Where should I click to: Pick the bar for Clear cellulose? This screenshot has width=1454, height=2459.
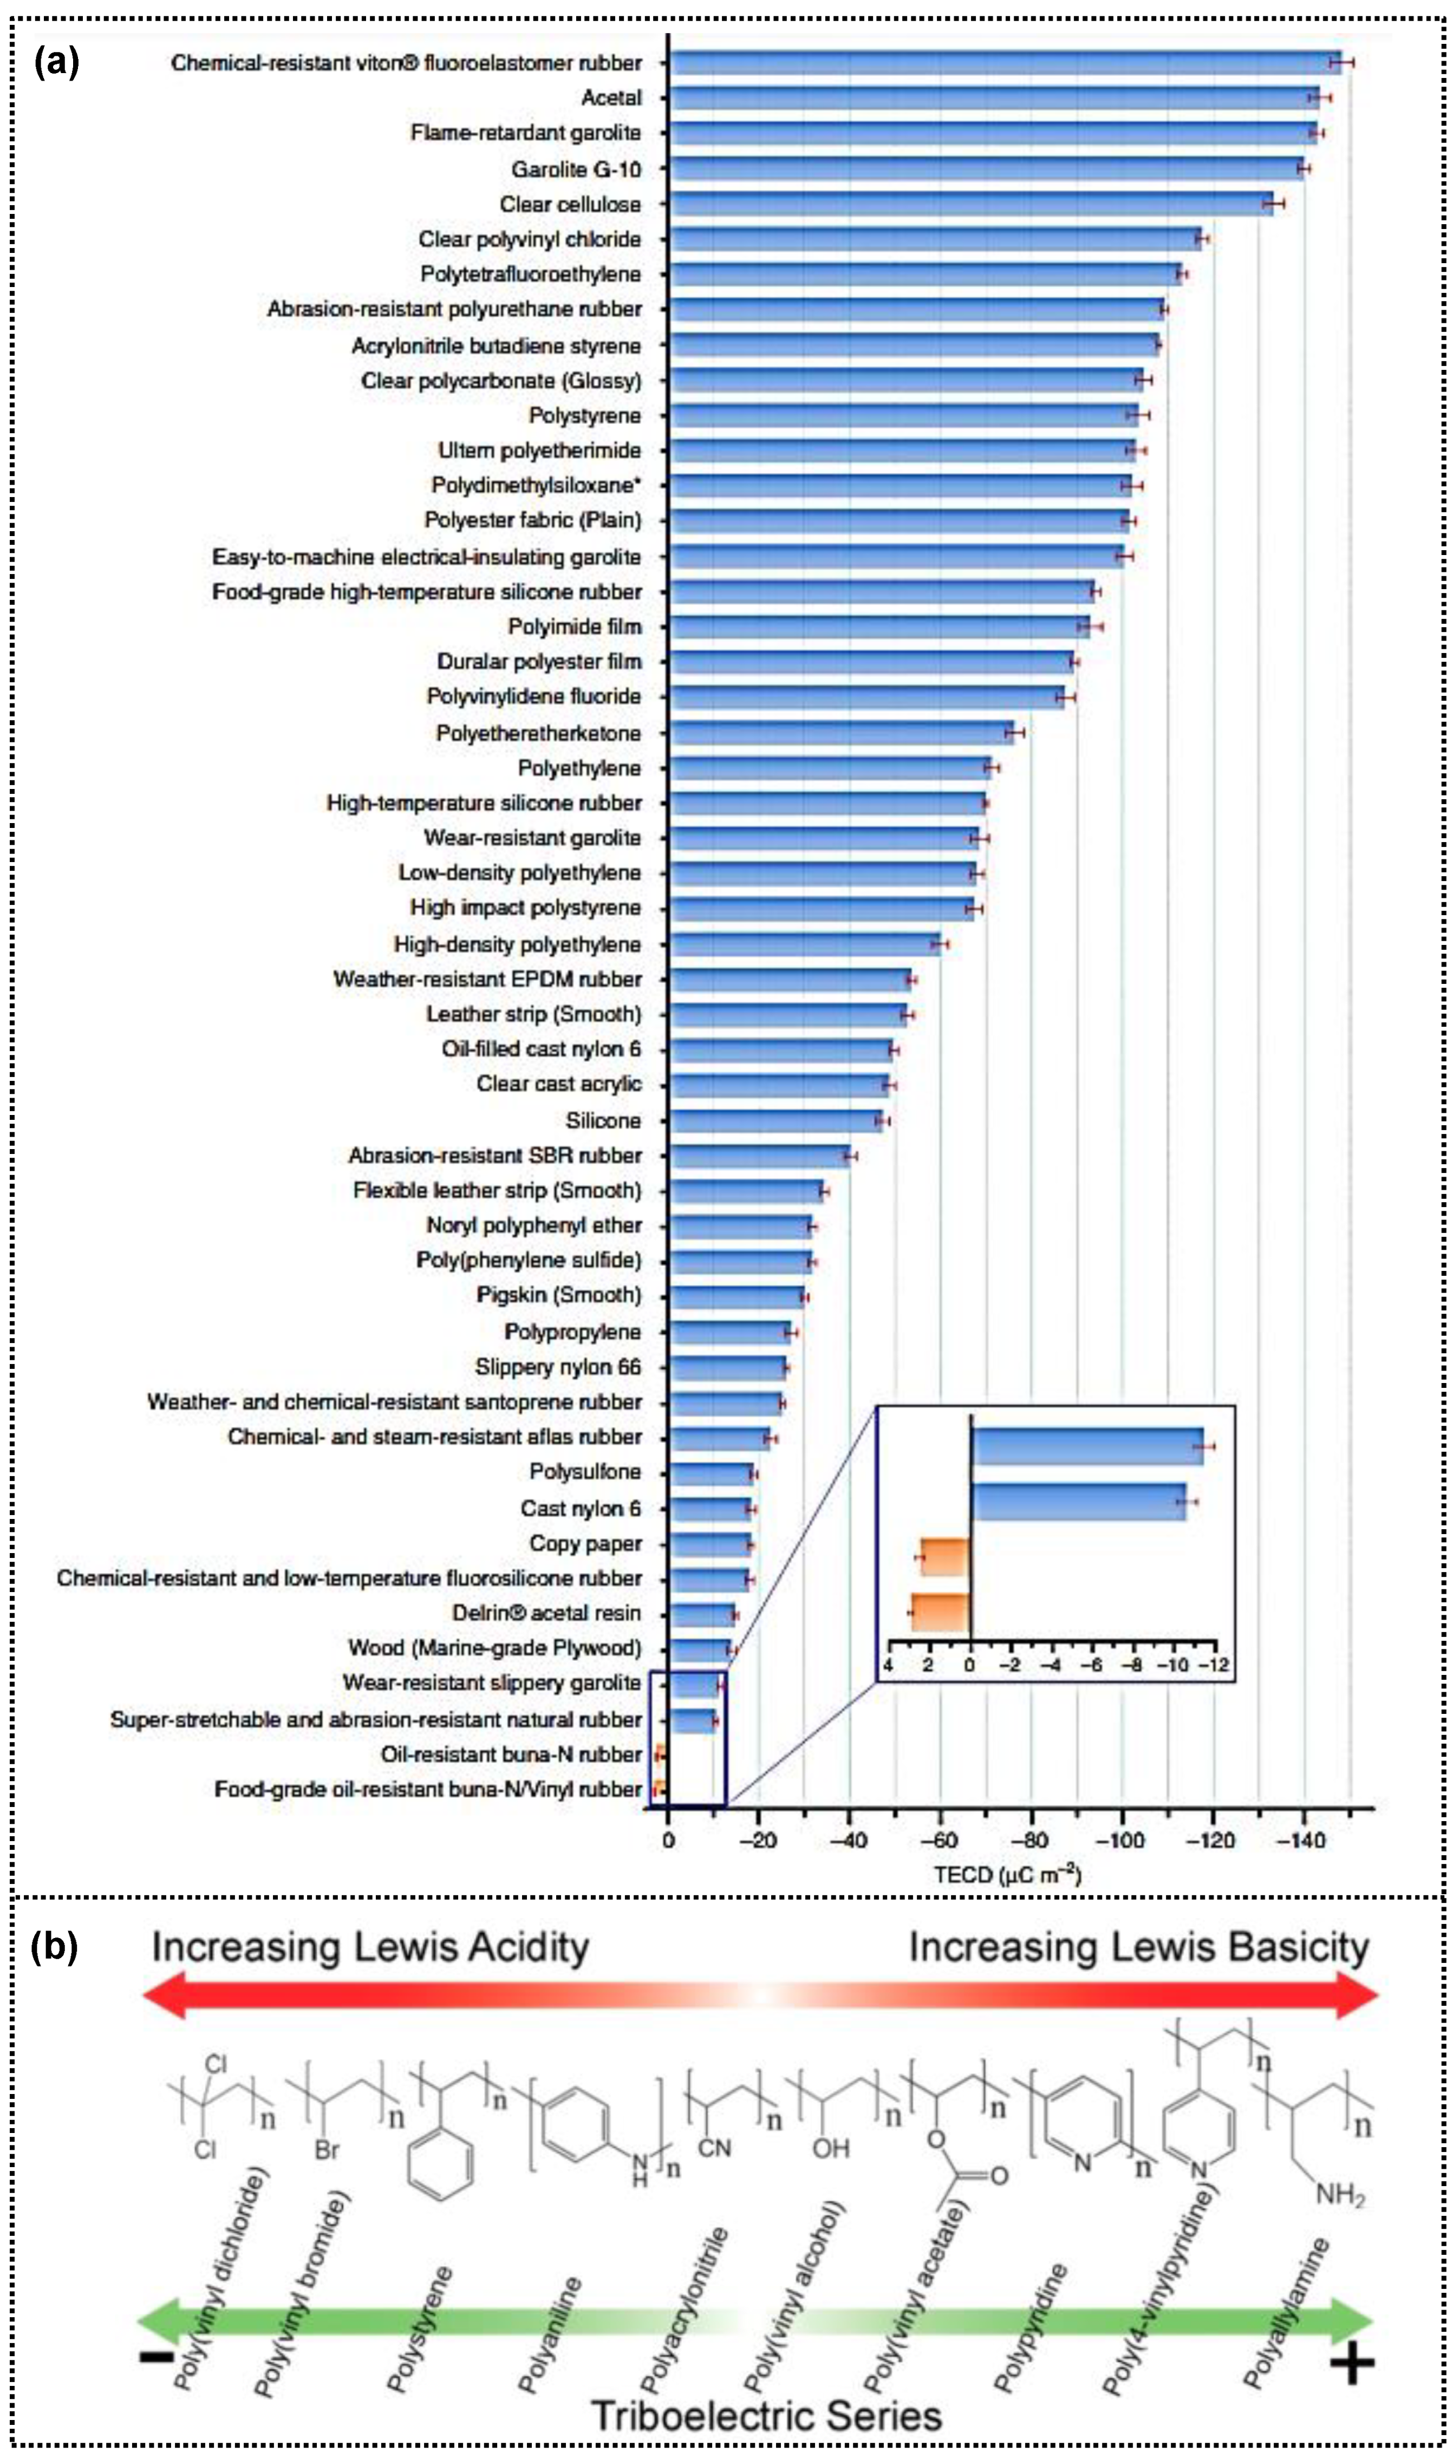pyautogui.click(x=970, y=204)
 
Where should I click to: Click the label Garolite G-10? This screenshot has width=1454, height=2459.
pyautogui.click(x=576, y=169)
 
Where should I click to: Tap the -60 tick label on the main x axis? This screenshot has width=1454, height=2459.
pyautogui.click(x=940, y=1840)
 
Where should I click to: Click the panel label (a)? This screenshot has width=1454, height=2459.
pyautogui.click(x=56, y=63)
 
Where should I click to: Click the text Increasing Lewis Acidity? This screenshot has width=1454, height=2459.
pyautogui.click(x=370, y=1948)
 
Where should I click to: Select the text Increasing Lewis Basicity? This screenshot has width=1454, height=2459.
pyautogui.click(x=1138, y=1948)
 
